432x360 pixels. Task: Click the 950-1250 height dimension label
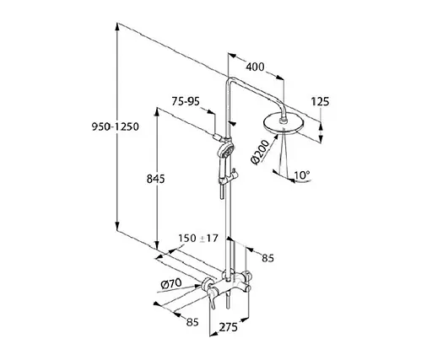tap(116, 126)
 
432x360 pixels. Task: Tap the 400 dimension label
tap(255, 67)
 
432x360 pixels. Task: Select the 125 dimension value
tap(320, 101)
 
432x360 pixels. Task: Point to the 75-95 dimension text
tap(186, 101)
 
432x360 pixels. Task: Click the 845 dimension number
tap(155, 179)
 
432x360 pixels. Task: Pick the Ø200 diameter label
tap(260, 152)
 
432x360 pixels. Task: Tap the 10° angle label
tap(302, 175)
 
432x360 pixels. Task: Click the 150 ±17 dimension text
tap(198, 239)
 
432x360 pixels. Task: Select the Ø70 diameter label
tap(171, 283)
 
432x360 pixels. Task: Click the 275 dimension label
tap(228, 327)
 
